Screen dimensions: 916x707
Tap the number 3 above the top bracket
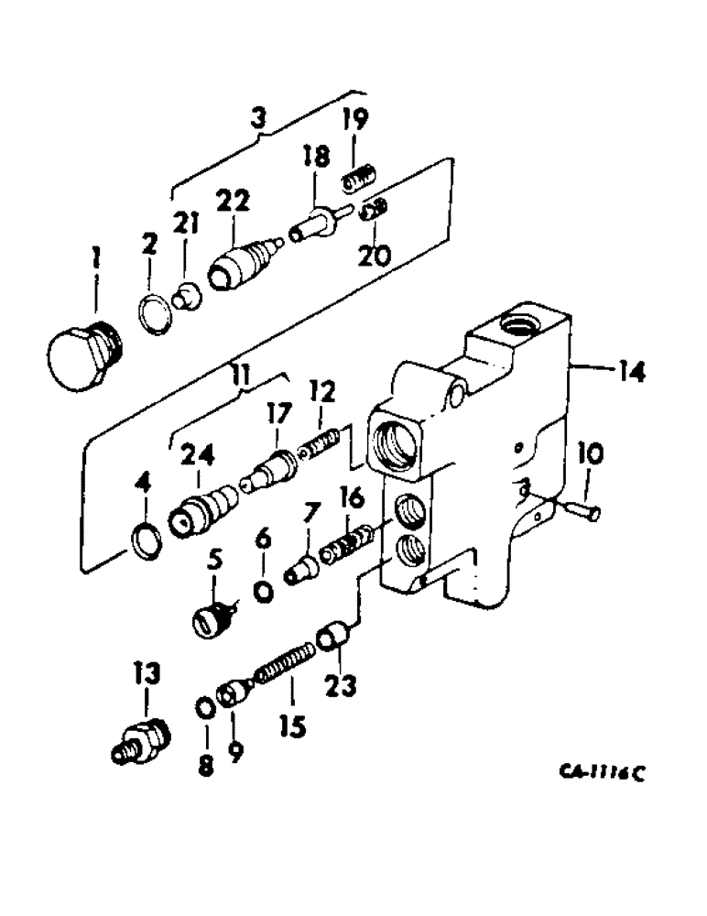pos(259,117)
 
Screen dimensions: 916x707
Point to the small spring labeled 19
pos(360,179)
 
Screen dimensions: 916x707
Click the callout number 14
pos(631,372)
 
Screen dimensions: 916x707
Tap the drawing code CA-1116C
pos(600,771)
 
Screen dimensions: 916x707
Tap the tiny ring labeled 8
pos(206,710)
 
